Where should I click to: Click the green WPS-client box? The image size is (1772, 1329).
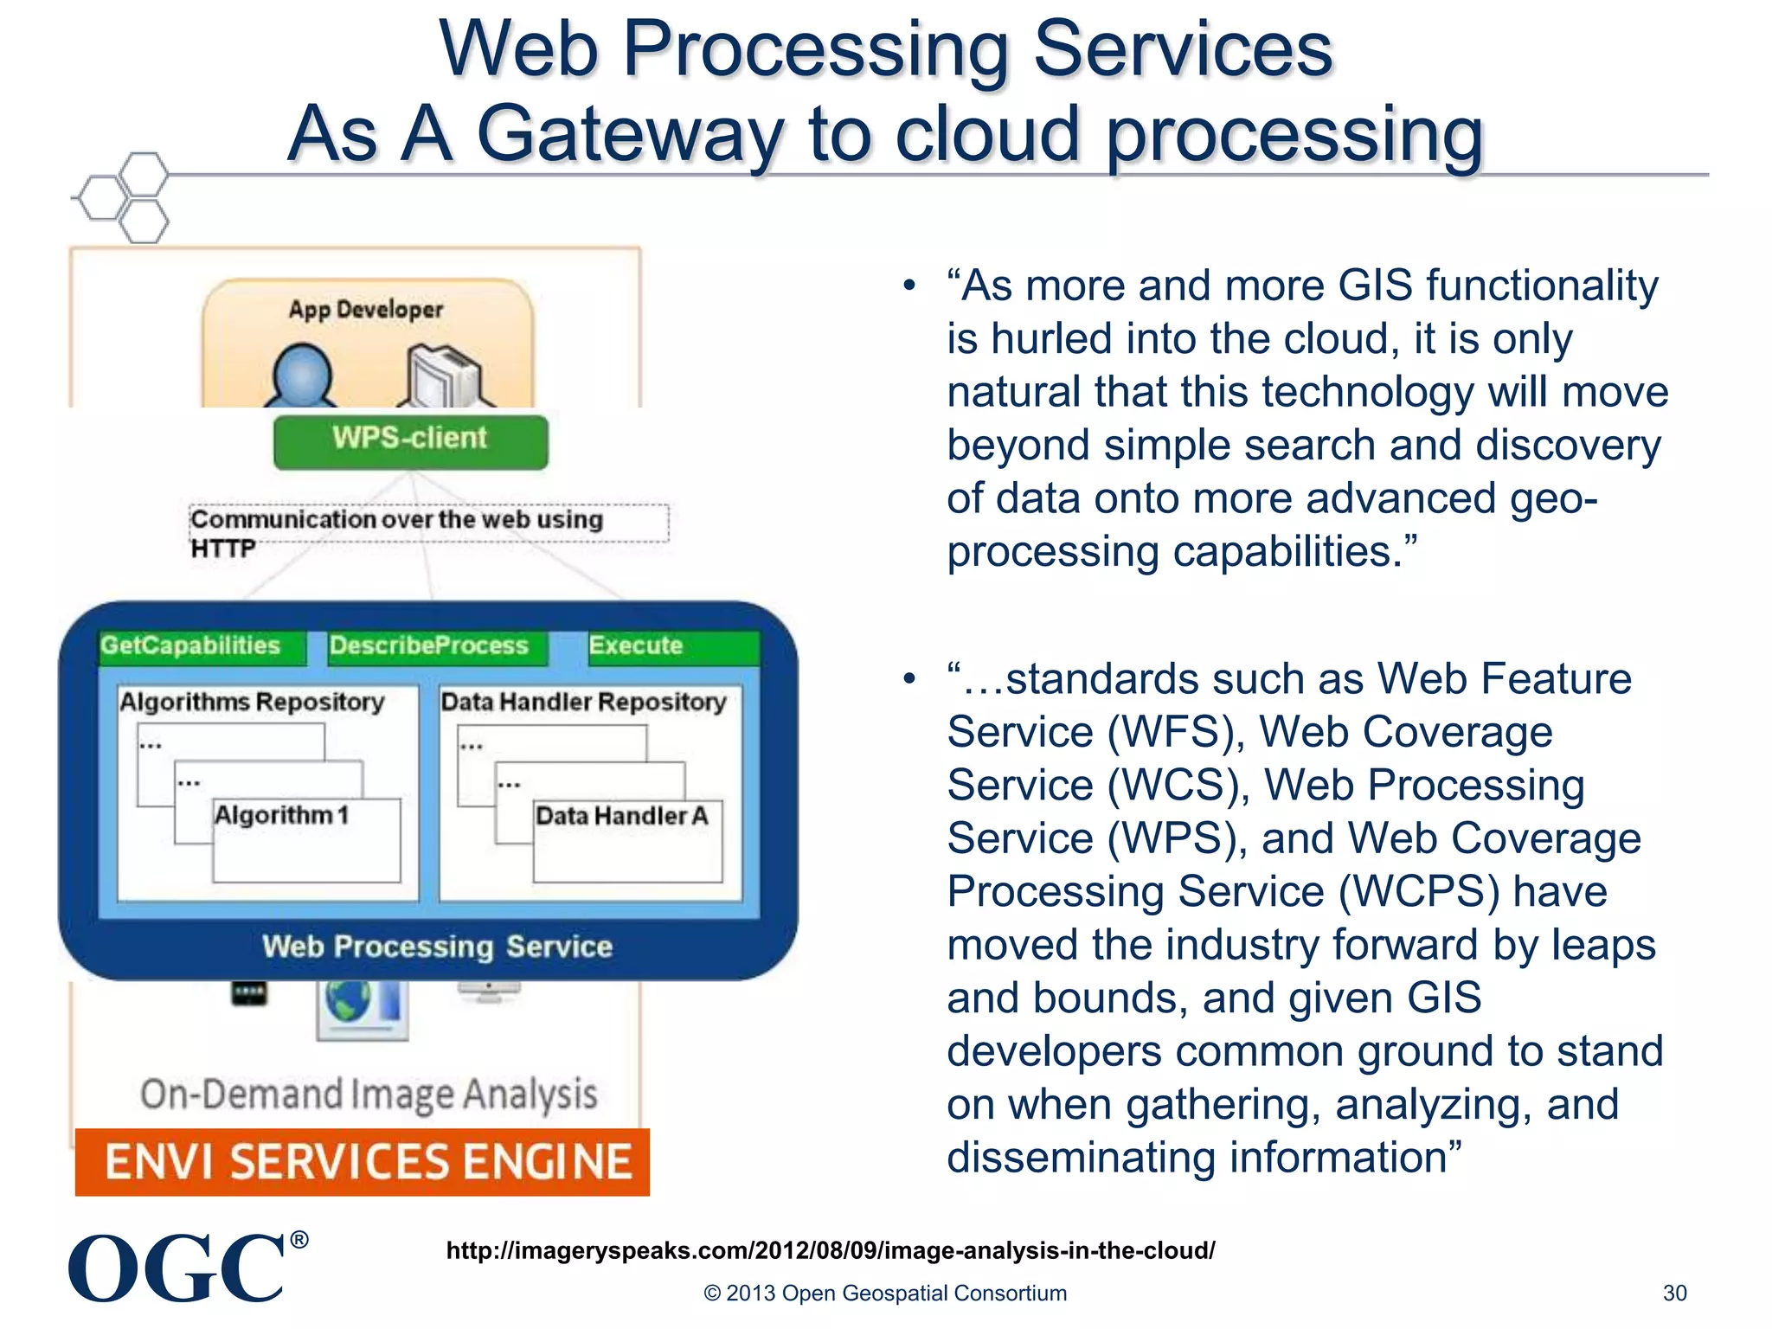click(x=410, y=441)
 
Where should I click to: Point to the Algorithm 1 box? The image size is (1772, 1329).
click(x=306, y=839)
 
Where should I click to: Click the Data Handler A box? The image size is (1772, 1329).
click(x=627, y=839)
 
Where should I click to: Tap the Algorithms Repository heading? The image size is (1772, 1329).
click(x=252, y=702)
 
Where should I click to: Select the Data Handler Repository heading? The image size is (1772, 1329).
click(x=583, y=702)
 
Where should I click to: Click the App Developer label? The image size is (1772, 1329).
click(x=365, y=310)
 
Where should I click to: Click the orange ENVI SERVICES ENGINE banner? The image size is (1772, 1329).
click(x=363, y=1162)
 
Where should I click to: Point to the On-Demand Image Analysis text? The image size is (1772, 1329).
click(x=369, y=1095)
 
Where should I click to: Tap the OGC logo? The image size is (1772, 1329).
click(x=178, y=1268)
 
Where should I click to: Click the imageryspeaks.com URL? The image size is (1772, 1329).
click(x=831, y=1250)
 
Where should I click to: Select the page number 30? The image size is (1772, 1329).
click(x=1674, y=1294)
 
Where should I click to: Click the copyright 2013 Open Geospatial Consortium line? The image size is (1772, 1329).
click(x=885, y=1294)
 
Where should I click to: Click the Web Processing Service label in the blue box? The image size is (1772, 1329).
click(x=437, y=947)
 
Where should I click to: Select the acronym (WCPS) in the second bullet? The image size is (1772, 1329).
click(x=1419, y=892)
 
